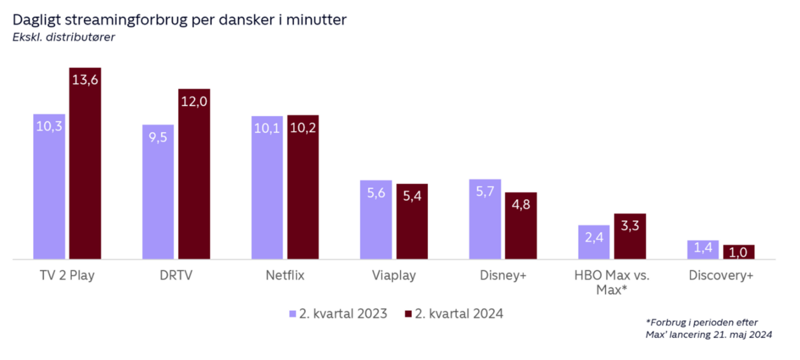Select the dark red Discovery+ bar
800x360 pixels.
(739, 252)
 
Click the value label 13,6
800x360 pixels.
(85, 80)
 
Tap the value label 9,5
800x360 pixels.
(158, 137)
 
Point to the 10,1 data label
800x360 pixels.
(267, 129)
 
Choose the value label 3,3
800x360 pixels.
(630, 225)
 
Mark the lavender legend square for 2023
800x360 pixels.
(292, 313)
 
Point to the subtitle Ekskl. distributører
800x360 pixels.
(63, 37)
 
